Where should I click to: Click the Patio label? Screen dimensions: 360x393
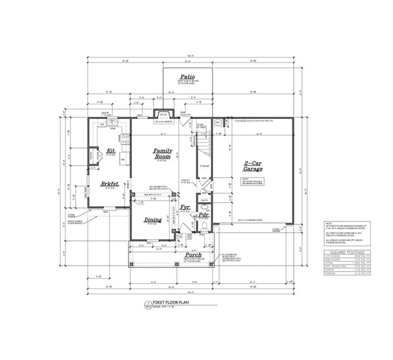tap(188, 77)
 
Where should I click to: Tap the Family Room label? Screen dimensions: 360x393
tap(163, 154)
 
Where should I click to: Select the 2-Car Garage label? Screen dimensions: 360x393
tap(253, 166)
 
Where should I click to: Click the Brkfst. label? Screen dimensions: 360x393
tap(110, 184)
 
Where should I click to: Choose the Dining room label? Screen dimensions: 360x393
tap(153, 220)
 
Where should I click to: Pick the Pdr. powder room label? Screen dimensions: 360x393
tap(204, 216)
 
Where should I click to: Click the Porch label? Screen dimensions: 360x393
tap(193, 255)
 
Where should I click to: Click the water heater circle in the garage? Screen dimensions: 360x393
tap(218, 122)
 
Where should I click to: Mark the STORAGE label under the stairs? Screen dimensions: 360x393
tap(204, 166)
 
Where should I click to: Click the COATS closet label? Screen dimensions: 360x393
tap(204, 200)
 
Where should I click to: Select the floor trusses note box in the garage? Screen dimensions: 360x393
tap(252, 181)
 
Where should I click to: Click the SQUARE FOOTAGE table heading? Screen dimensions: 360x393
tap(347, 252)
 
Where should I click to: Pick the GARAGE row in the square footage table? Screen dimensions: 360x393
tap(347, 273)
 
